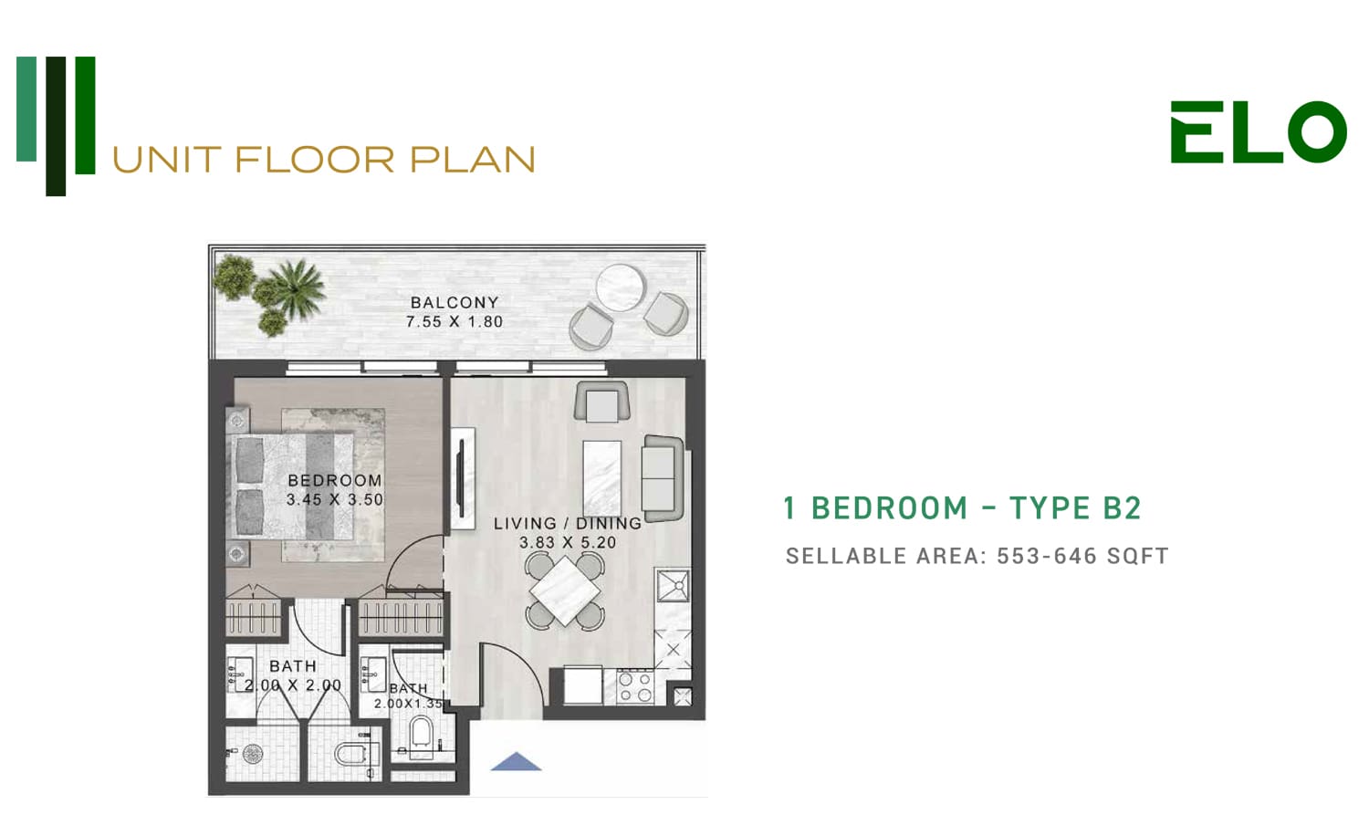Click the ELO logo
click(x=1259, y=132)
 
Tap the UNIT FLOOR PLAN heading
click(x=324, y=160)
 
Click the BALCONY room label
click(x=455, y=302)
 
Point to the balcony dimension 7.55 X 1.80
click(x=455, y=321)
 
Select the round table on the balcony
click(x=620, y=287)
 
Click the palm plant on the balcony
click(x=297, y=289)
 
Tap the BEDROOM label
click(x=335, y=480)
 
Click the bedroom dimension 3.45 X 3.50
click(x=335, y=499)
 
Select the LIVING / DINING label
click(x=568, y=523)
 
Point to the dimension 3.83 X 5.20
click(x=568, y=542)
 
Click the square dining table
click(x=565, y=590)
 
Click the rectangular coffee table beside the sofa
click(x=602, y=478)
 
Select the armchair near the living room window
click(x=602, y=402)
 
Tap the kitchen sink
click(x=673, y=585)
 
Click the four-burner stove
click(x=635, y=687)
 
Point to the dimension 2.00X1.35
click(x=408, y=704)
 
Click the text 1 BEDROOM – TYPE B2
click(x=962, y=507)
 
